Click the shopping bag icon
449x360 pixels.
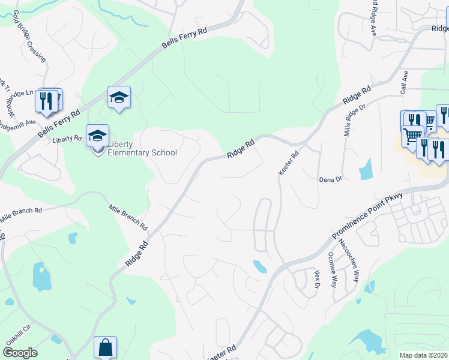pyautogui.click(x=105, y=347)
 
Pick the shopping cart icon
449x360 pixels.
pyautogui.click(x=412, y=136)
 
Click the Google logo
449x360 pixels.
pyautogui.click(x=20, y=353)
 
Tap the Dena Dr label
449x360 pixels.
pyautogui.click(x=330, y=179)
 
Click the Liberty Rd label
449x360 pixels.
pyautogui.click(x=67, y=139)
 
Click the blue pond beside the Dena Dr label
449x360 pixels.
pyautogui.click(x=366, y=169)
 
